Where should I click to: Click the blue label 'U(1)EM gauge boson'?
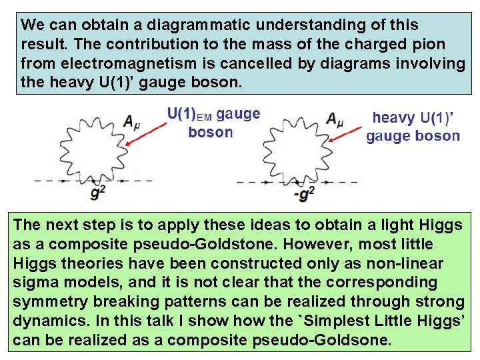click(213, 123)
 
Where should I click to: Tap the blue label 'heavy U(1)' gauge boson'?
click(413, 127)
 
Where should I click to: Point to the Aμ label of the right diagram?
click(334, 120)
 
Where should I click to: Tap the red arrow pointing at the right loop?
click(348, 141)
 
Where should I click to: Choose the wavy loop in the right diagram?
click(293, 149)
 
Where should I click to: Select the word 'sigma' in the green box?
click(34, 283)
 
